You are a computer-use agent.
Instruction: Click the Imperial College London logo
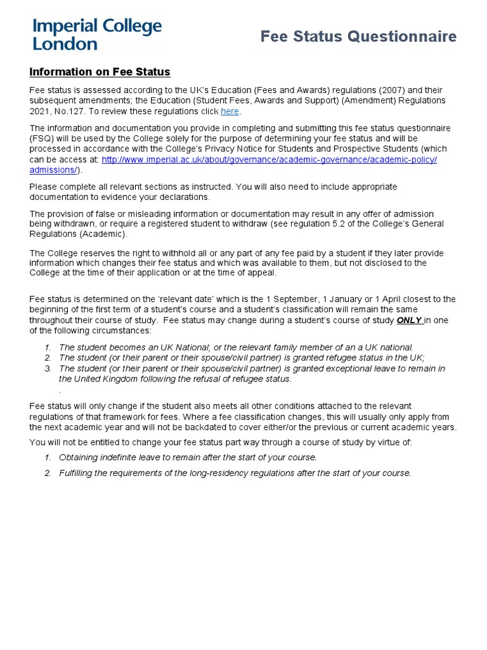click(97, 35)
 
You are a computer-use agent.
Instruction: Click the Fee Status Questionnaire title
click(358, 37)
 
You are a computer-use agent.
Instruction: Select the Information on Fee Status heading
click(100, 72)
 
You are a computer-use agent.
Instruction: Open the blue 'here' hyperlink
click(230, 112)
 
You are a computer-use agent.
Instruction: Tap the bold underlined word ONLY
click(409, 321)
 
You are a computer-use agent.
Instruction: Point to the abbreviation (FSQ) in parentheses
click(42, 138)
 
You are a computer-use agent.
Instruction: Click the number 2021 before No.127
click(41, 112)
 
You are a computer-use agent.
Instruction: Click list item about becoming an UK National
click(236, 347)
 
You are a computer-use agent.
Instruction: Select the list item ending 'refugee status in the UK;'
click(242, 357)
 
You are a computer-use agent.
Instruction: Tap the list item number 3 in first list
click(48, 368)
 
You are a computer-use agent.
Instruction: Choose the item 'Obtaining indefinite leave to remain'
click(188, 457)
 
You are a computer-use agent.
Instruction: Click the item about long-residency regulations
click(235, 473)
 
